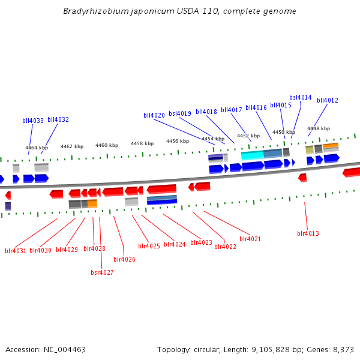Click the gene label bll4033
(33, 121)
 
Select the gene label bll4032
(58, 119)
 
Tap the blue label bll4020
(154, 115)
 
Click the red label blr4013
(308, 233)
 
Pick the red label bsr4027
(102, 272)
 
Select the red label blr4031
(16, 251)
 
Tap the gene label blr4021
(250, 239)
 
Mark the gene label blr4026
(124, 259)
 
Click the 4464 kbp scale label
(37, 148)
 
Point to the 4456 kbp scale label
(178, 141)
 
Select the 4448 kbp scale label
(319, 128)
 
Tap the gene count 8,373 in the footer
(343, 349)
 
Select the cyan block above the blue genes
(252, 155)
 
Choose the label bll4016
(256, 108)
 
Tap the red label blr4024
(175, 244)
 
